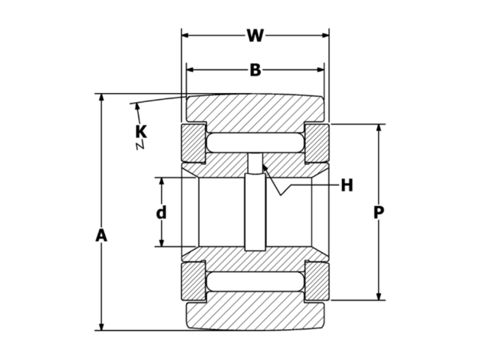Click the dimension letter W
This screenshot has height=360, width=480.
click(255, 35)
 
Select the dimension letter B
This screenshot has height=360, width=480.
click(255, 70)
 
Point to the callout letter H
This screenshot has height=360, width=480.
click(346, 185)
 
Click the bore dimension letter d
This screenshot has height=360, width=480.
click(160, 213)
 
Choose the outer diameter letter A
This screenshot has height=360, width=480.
click(102, 235)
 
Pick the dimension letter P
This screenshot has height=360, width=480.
click(379, 213)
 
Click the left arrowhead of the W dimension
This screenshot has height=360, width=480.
click(186, 35)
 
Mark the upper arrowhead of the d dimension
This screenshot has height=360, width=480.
click(160, 182)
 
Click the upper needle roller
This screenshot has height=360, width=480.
click(255, 142)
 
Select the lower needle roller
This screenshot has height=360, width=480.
click(255, 282)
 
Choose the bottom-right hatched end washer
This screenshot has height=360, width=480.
click(316, 282)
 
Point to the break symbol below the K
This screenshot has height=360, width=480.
click(139, 146)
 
